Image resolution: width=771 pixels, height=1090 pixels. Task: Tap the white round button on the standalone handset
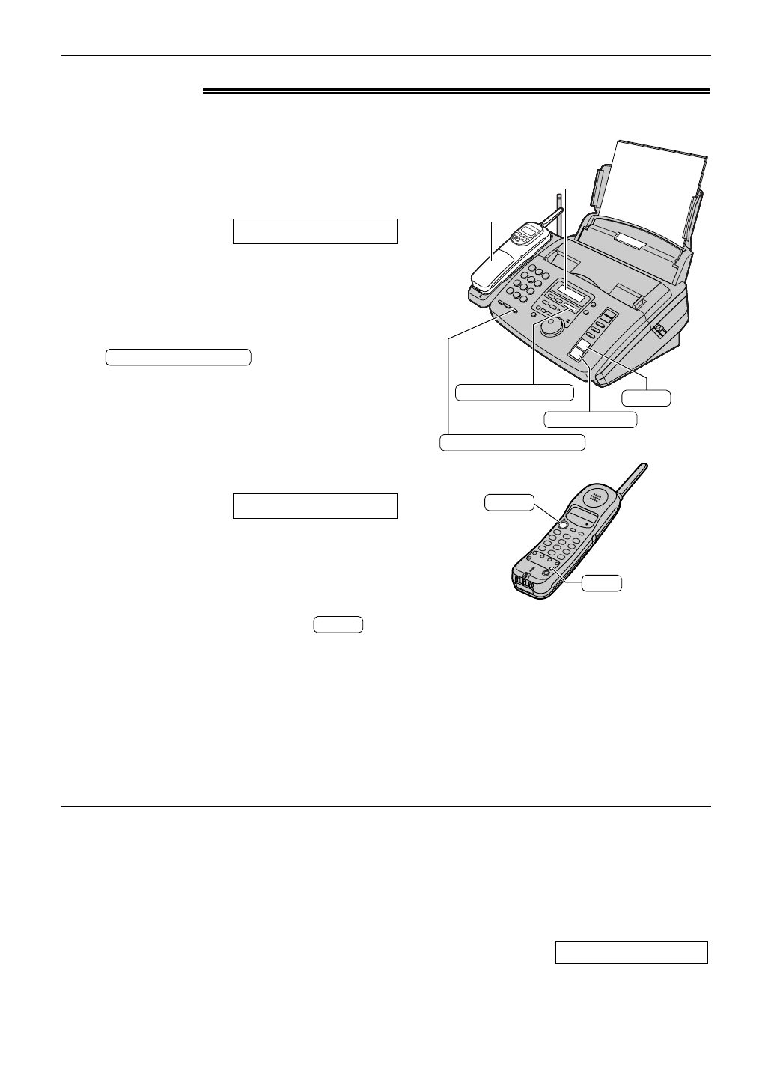562,523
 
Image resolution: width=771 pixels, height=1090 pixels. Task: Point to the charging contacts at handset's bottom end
522,583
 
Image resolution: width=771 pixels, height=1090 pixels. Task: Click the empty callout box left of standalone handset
508,502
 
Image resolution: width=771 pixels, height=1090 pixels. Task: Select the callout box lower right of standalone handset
603,583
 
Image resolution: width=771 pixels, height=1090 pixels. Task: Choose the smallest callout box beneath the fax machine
647,398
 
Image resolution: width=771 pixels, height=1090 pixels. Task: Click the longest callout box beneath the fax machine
512,442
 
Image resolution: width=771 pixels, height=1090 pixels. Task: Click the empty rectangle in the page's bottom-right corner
631,952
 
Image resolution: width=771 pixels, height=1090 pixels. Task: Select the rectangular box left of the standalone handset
314,506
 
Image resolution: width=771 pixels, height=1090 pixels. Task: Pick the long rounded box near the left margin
177,356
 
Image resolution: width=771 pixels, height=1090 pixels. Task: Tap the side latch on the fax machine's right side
660,329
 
